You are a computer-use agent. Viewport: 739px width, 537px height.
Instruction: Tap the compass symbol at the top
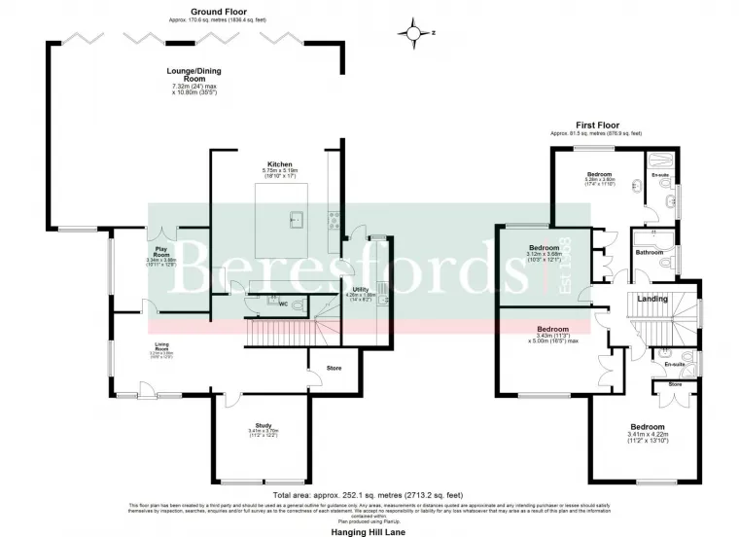click(418, 34)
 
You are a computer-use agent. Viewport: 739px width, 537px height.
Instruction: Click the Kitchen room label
click(279, 164)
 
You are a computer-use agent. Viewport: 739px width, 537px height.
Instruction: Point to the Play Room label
click(160, 250)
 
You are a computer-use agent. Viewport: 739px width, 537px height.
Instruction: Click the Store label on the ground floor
click(334, 368)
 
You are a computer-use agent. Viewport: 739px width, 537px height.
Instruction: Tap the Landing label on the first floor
click(651, 299)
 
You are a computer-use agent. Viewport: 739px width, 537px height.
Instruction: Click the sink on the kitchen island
click(294, 221)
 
